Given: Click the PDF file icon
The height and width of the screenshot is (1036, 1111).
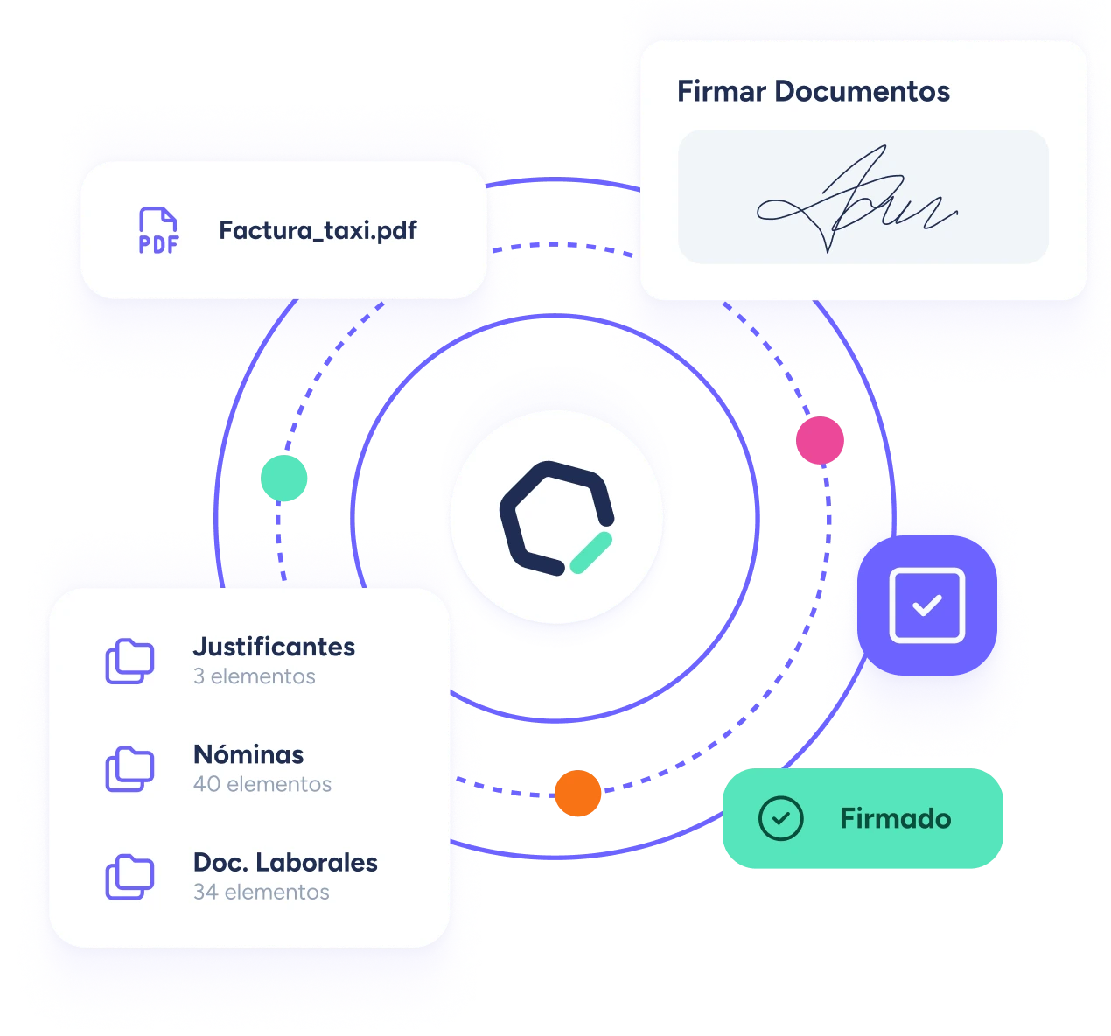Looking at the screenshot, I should point(158,231).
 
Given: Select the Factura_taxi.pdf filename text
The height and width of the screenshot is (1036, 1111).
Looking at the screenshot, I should point(318,231).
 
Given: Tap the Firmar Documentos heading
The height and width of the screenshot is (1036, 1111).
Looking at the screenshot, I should point(813,91).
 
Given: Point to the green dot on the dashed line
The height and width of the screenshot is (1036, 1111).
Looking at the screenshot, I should point(283,479).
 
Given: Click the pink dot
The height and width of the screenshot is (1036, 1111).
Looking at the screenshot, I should point(820,440).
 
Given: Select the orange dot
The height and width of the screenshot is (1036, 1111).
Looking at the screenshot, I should point(577,794).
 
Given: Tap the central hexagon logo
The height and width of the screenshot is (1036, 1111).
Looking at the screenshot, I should point(556,518).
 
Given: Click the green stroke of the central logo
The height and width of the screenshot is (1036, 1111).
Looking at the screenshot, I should point(590,553).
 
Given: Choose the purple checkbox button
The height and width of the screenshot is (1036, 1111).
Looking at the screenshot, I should point(926,605).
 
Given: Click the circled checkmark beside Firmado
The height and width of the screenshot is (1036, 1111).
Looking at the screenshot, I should point(780,819).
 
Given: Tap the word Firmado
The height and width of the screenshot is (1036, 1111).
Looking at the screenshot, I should point(895,819).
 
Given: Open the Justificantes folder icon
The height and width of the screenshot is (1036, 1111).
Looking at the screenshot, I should point(129,661).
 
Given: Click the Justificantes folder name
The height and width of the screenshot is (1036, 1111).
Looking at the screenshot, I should point(274,647).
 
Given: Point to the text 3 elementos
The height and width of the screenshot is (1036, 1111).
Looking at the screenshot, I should point(254,676).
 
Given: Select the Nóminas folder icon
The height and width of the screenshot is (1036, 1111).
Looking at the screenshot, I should point(129,769).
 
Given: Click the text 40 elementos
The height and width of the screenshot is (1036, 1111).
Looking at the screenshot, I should point(262,784).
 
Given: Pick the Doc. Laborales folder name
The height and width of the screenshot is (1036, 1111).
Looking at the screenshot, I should point(285,863).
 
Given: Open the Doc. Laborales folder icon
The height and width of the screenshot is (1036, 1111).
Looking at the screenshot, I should point(129,877).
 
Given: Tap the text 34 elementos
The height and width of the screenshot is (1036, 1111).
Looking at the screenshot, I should point(262,892).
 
